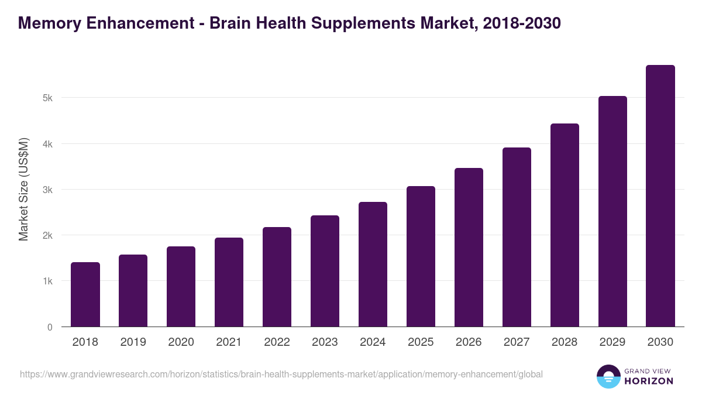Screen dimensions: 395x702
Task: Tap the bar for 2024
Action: pos(373,264)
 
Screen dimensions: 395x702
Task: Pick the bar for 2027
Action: pos(517,237)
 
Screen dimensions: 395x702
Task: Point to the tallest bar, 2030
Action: pos(660,196)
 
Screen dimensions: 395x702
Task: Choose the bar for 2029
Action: pos(612,211)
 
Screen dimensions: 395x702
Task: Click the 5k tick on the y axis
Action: pos(47,98)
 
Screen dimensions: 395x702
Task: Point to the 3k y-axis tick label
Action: pos(47,190)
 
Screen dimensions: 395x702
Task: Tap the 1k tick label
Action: pos(47,281)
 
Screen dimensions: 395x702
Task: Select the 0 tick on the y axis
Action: pos(50,327)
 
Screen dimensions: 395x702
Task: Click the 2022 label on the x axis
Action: pos(277,342)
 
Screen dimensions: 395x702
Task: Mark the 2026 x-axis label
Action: pos(469,342)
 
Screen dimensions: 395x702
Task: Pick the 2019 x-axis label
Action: pos(133,342)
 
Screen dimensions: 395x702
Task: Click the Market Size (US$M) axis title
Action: pos(23,190)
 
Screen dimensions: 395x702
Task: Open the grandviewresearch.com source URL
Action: pos(281,374)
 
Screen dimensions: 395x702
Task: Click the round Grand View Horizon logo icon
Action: pos(608,376)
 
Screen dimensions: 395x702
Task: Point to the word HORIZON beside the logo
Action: pos(649,381)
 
